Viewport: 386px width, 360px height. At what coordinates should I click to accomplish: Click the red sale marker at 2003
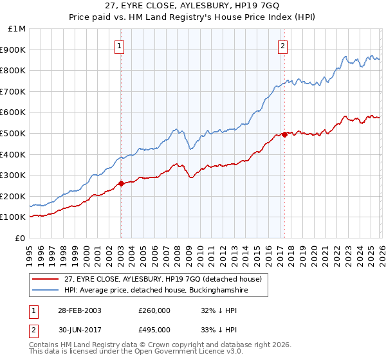coord(121,183)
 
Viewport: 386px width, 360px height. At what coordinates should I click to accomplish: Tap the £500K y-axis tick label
coord(14,133)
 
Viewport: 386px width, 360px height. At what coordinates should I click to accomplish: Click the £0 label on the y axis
coord(20,238)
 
